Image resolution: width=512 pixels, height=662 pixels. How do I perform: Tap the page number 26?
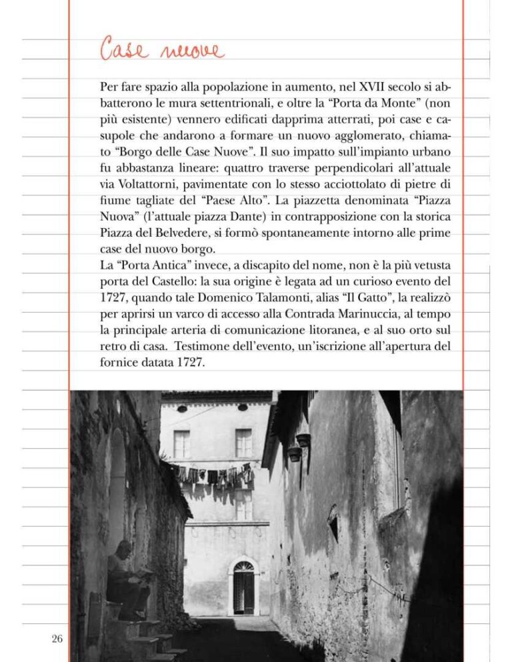(x=57, y=639)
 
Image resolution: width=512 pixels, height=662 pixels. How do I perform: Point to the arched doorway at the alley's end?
(x=243, y=586)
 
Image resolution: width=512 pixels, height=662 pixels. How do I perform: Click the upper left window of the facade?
(x=181, y=443)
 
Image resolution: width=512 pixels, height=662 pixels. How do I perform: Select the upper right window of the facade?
(x=243, y=443)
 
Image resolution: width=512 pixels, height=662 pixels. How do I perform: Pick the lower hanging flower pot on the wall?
(x=294, y=454)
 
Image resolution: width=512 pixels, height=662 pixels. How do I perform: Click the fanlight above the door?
(x=243, y=567)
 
